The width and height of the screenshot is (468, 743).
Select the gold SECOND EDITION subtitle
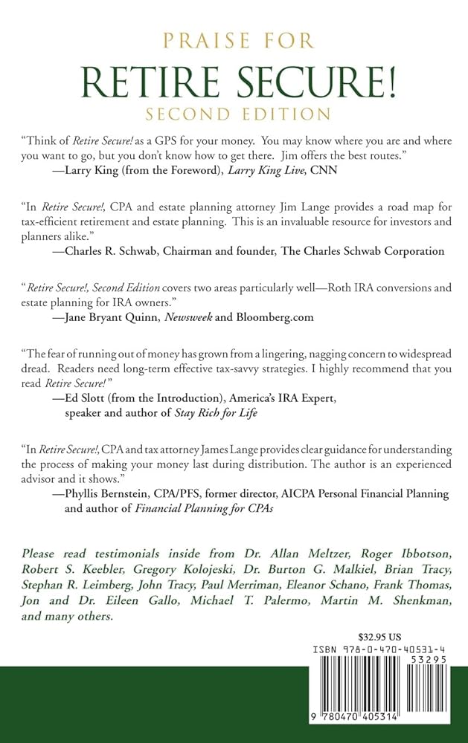pyautogui.click(x=234, y=115)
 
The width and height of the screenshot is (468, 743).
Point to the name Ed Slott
pyautogui.click(x=87, y=398)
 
